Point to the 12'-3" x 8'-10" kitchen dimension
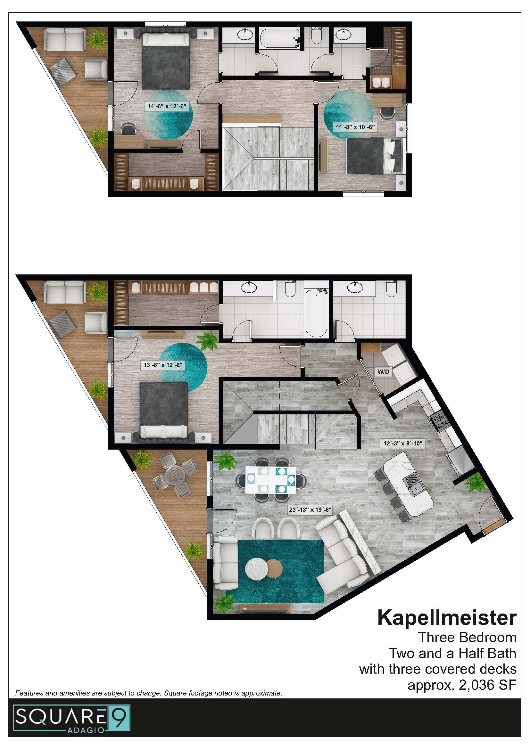tap(404, 443)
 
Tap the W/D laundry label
tap(383, 371)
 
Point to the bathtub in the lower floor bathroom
tap(316, 312)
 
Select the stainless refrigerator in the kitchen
tap(460, 464)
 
